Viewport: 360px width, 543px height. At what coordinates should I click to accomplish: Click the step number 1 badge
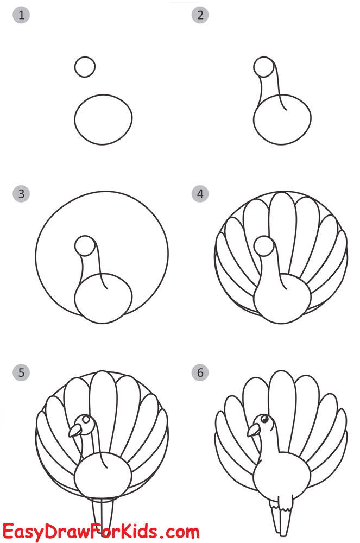tap(21, 15)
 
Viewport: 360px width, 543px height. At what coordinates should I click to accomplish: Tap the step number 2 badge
tap(200, 15)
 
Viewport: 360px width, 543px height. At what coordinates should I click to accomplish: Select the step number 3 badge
tap(21, 194)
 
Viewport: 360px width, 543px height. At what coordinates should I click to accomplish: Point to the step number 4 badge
tap(200, 194)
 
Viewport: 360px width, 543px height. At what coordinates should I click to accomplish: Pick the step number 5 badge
tap(21, 372)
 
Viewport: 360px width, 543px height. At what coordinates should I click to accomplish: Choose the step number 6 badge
tap(200, 372)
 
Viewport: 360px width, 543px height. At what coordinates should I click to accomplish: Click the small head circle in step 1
tap(85, 67)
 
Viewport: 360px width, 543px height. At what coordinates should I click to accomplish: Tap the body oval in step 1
tap(103, 119)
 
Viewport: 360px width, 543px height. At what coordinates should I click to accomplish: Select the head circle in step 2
tap(263, 67)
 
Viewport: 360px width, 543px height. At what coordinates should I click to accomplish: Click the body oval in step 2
tap(282, 122)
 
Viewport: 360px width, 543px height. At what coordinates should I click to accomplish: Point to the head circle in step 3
tap(85, 245)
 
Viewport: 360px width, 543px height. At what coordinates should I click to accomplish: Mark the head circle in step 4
tap(263, 245)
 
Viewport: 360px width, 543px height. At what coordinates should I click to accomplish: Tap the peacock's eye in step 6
tap(264, 419)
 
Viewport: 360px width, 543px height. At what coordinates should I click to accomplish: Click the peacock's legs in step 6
tap(281, 516)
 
